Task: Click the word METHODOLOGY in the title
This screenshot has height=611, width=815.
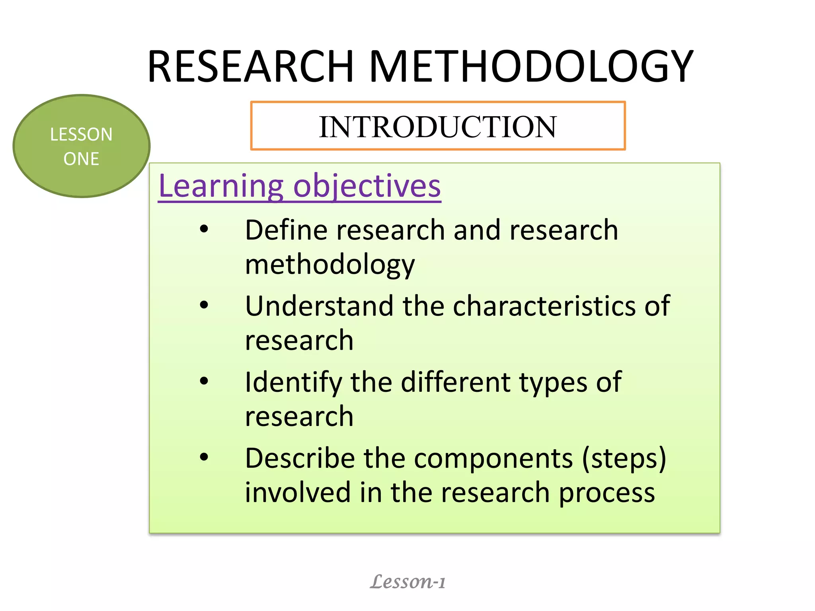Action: (531, 66)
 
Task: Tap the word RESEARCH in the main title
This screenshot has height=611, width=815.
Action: (251, 66)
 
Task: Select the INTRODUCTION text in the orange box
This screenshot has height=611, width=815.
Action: (437, 127)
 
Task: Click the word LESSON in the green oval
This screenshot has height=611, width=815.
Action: (81, 134)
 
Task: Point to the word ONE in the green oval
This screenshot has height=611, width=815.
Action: (81, 159)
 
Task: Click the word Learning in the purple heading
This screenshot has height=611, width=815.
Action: (221, 186)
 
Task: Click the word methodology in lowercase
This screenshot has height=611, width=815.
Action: (330, 265)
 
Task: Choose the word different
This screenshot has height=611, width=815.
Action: (455, 382)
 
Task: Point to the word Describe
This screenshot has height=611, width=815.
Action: (300, 458)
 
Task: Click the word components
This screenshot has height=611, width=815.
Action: (493, 458)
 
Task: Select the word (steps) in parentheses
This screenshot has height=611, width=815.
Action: (624, 458)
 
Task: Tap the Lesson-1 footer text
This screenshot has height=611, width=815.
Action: (407, 582)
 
